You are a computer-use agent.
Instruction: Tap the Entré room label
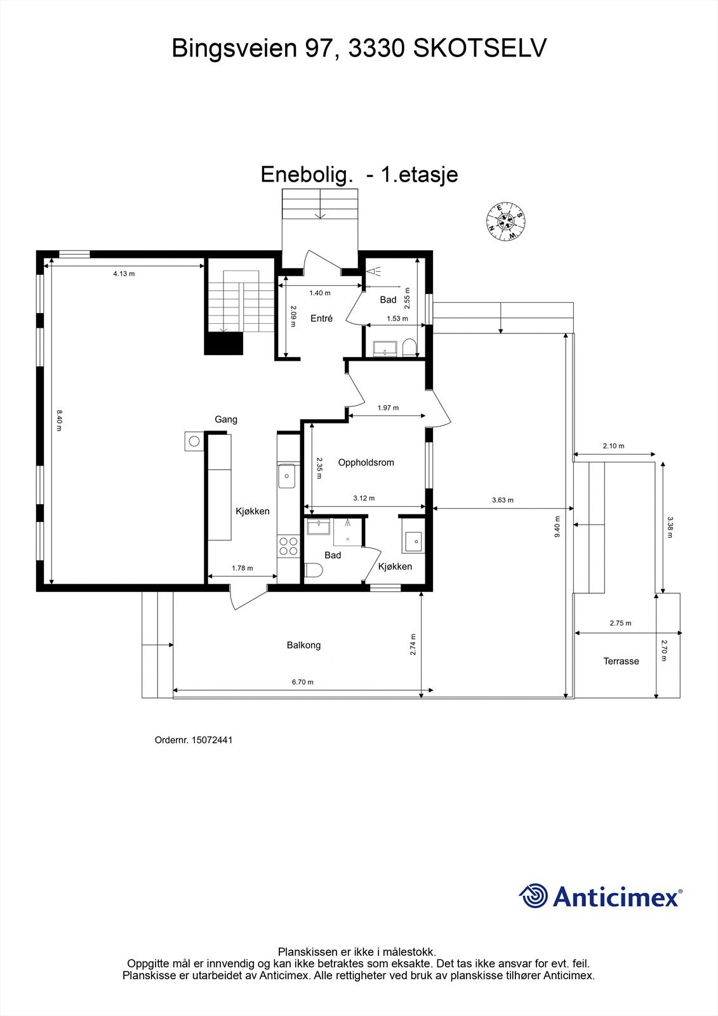coord(321,318)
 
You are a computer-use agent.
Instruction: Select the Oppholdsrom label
coord(366,462)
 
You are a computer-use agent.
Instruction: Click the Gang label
coord(226,419)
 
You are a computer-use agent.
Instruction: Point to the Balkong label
coord(303,645)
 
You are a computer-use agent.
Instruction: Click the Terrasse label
coord(621,661)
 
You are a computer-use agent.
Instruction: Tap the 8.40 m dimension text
coord(58,420)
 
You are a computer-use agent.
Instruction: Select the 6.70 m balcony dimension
coord(303,682)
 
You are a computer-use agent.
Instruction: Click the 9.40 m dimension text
coord(557,526)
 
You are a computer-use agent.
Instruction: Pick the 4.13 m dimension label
coord(124,274)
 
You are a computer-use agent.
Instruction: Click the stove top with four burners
coord(288,545)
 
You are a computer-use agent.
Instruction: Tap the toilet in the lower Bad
coord(313,570)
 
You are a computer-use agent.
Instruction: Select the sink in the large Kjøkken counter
coord(287,476)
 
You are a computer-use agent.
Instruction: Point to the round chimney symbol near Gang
coord(194,441)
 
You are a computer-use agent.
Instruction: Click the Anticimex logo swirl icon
coord(533,896)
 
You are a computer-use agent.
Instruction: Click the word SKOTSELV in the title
coord(479,48)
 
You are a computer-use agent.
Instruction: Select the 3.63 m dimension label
coord(502,500)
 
